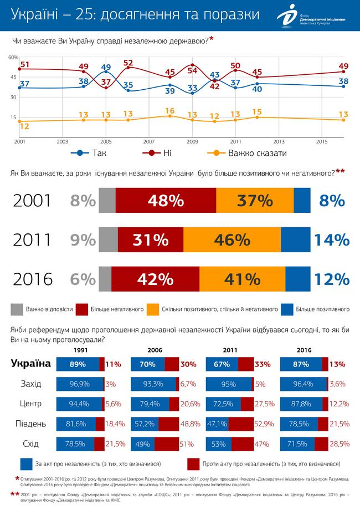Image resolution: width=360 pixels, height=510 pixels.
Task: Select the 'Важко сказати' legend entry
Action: [x=248, y=153]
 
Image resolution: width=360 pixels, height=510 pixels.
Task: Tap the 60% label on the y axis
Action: [x=14, y=58]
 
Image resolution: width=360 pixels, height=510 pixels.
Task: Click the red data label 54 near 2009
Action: [x=193, y=70]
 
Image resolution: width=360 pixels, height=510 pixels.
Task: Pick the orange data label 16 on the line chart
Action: [x=171, y=110]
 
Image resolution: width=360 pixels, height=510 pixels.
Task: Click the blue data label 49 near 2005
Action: [x=106, y=68]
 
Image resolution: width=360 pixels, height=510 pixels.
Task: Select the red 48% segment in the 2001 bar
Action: [x=166, y=201]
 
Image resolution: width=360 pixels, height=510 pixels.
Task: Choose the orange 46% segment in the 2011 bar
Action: [x=232, y=239]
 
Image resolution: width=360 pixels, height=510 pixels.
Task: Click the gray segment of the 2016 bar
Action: [x=105, y=279]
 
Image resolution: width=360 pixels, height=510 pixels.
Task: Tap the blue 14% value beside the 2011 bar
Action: [x=332, y=239]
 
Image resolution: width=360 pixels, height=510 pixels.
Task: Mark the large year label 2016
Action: [x=33, y=279]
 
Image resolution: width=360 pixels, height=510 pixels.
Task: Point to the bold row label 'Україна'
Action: [x=32, y=364]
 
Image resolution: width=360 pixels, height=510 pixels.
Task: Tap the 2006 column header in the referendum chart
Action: [x=155, y=350]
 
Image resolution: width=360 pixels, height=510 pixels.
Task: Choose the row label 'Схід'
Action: [x=32, y=444]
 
